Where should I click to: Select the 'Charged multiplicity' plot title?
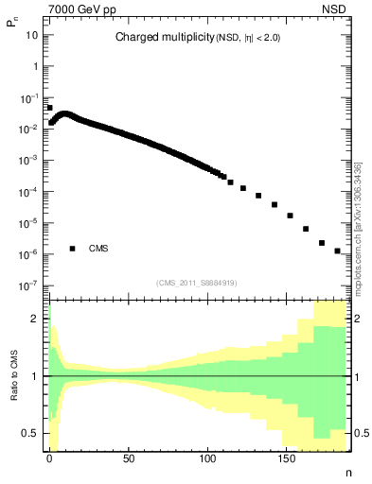point(155,38)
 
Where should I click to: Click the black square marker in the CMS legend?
point(72,249)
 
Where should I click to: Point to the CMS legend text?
point(98,249)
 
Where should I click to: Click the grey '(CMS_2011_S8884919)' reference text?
point(198,282)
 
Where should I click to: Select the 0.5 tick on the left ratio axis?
point(35,433)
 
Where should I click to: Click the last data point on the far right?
point(337,251)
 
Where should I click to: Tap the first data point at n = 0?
point(49,108)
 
